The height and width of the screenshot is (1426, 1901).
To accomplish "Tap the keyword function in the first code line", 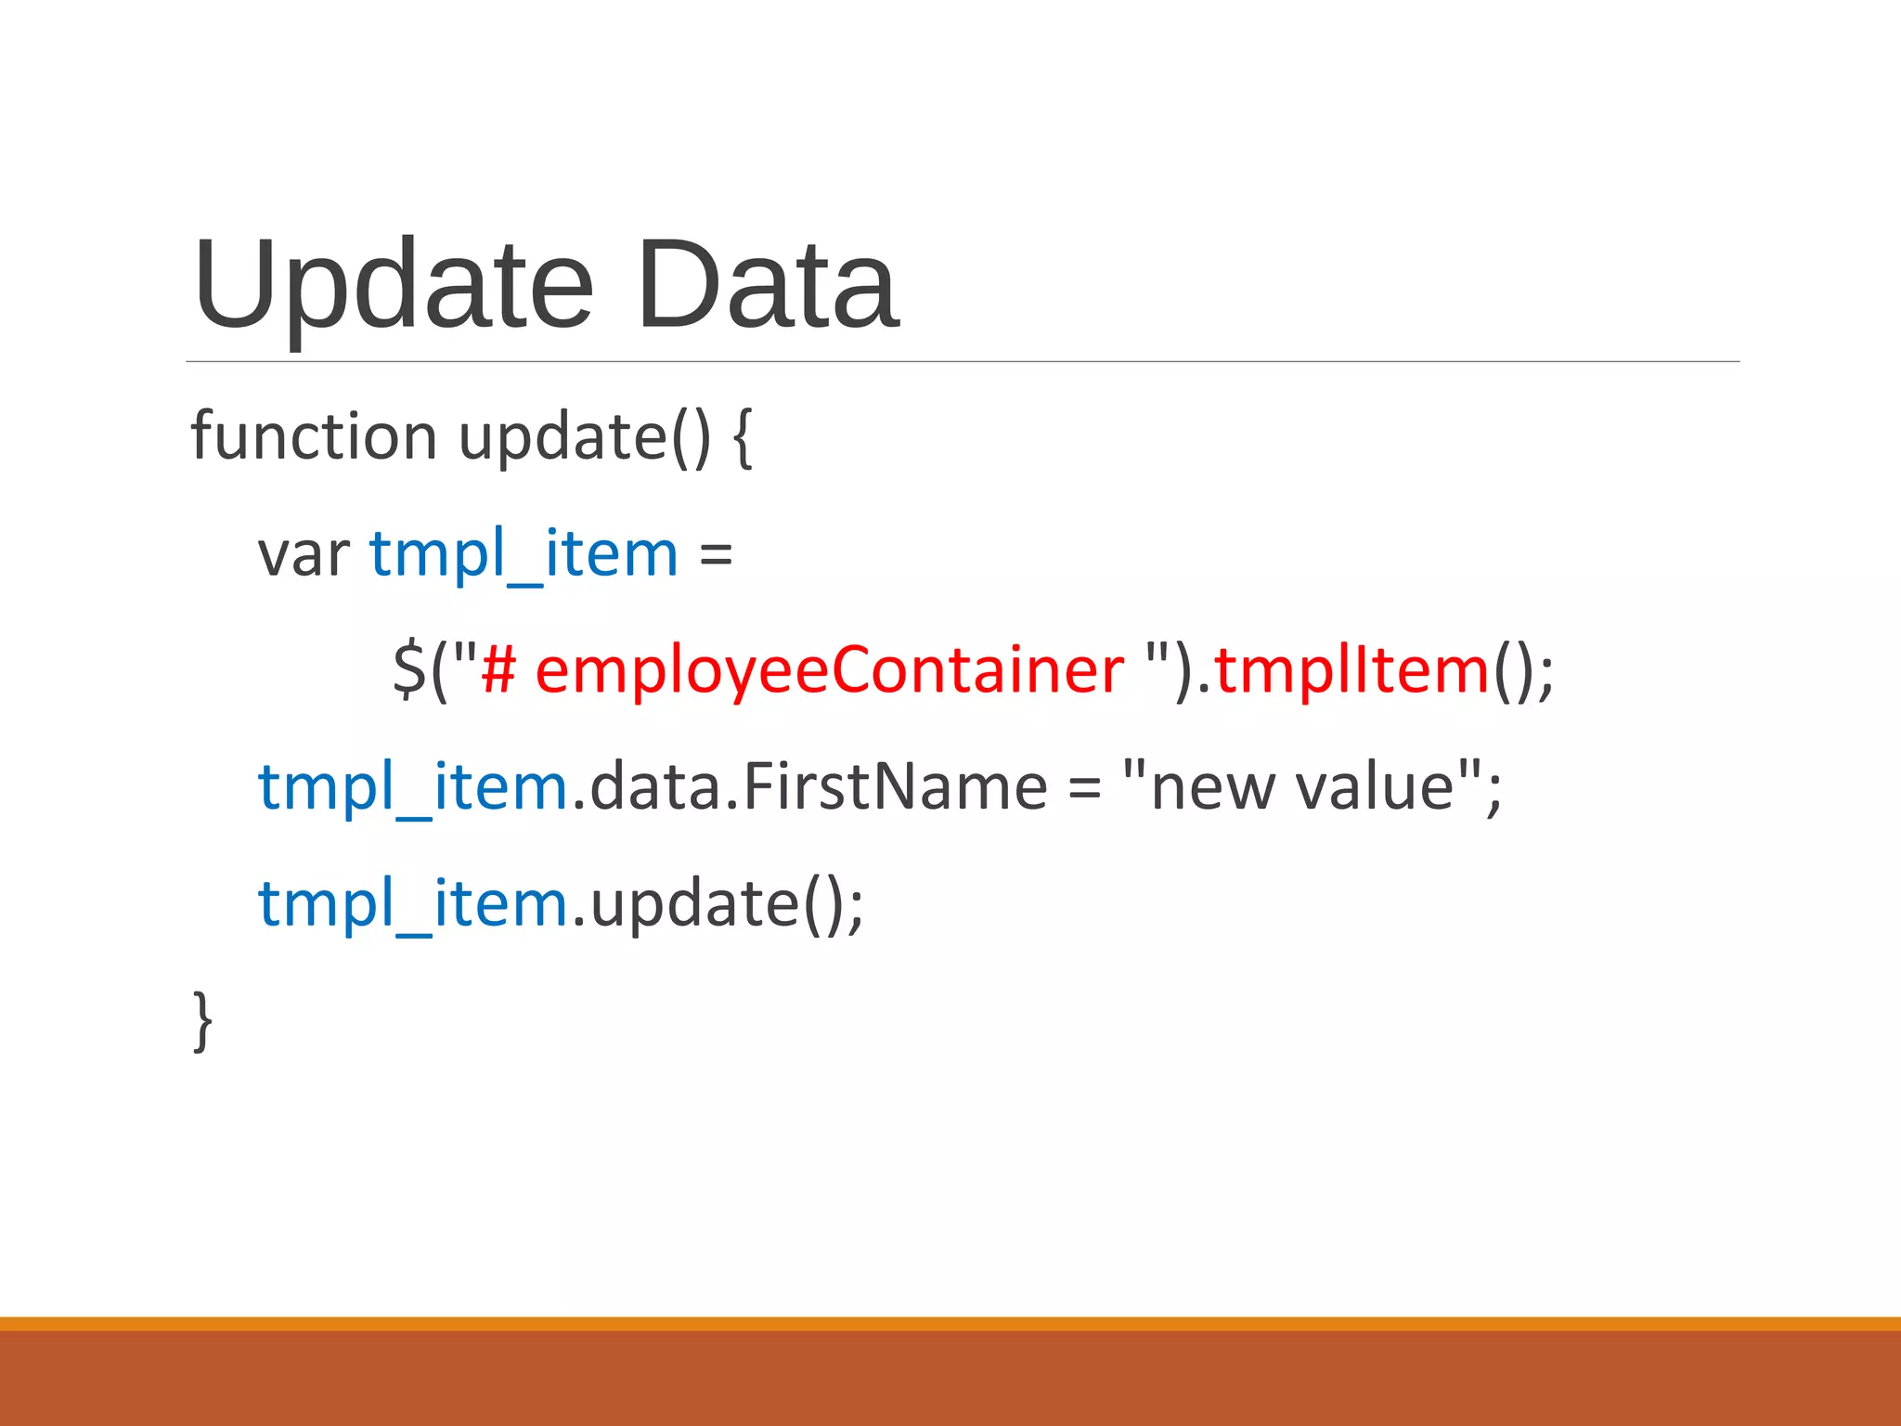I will (x=313, y=435).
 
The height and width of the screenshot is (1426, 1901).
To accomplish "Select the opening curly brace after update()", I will (x=743, y=438).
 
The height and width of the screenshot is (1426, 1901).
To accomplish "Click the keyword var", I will (x=303, y=555).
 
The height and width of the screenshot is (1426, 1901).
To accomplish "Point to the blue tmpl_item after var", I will (x=524, y=555).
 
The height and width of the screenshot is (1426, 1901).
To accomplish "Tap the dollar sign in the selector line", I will (x=408, y=669).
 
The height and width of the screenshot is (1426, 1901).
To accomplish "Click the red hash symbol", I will (x=498, y=669).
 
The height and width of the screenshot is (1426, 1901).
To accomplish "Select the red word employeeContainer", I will (x=829, y=671).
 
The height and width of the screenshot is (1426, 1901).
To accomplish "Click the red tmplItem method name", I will (x=1351, y=669).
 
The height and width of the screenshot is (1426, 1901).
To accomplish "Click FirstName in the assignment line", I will (x=895, y=786).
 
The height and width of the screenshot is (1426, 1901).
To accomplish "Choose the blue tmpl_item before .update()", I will (x=412, y=904).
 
